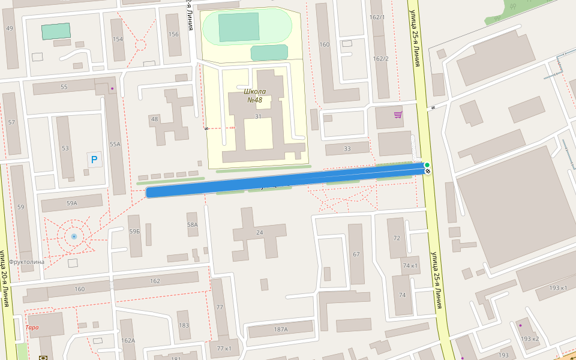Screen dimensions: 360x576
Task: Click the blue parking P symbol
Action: tap(95, 160)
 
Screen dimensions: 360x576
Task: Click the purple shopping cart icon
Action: tap(398, 114)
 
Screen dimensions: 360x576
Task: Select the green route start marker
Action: tap(427, 165)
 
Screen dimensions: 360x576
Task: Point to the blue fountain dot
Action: tap(74, 236)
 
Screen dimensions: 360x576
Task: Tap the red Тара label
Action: tap(32, 327)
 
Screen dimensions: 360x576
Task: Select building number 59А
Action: tap(72, 203)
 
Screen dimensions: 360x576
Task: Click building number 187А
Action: tap(281, 329)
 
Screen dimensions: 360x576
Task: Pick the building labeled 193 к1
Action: tap(558, 288)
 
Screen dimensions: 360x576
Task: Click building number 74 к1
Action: tap(410, 266)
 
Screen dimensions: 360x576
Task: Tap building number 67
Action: tap(356, 254)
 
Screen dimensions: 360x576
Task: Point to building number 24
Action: tap(259, 232)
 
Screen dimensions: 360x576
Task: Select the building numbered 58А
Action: tap(192, 224)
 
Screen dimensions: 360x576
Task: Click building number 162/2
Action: tap(381, 58)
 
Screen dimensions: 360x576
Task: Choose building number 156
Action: tap(174, 34)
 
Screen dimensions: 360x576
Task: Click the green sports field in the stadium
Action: tap(238, 26)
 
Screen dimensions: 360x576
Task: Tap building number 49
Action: tap(10, 28)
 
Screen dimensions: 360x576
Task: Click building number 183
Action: tap(184, 326)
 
